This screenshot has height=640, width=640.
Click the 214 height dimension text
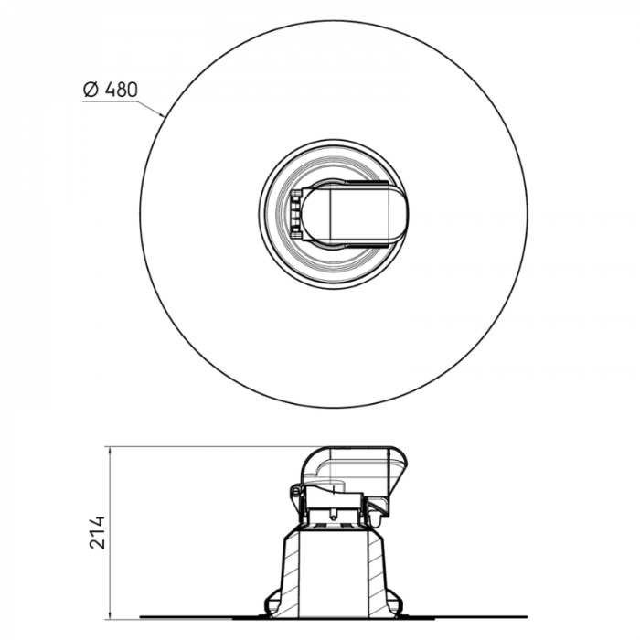98,532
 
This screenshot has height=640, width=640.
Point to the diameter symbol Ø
90,90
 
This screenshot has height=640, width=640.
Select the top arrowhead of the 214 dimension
110,451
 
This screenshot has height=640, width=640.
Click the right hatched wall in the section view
381,571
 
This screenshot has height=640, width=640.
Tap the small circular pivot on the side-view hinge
296,495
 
